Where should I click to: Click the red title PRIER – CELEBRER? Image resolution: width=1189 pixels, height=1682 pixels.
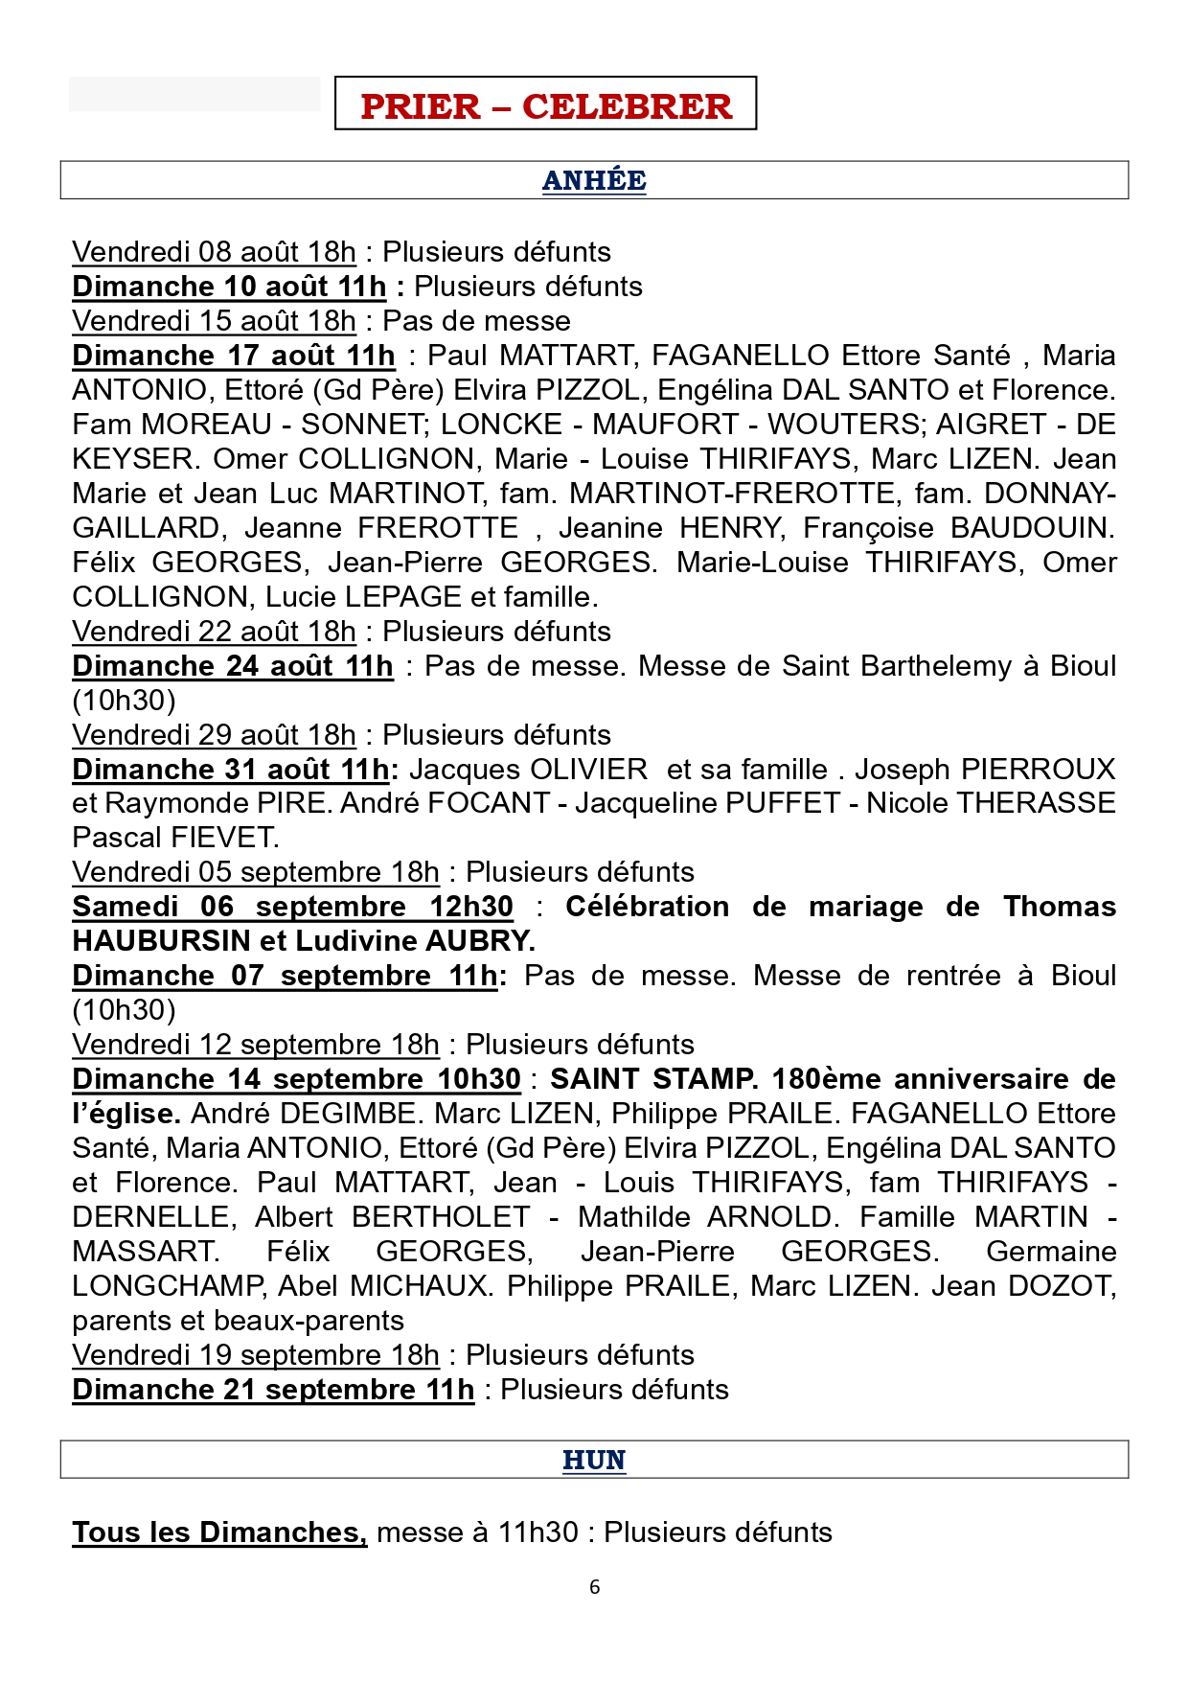tap(545, 105)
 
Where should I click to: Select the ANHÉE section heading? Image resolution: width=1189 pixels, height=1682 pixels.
tap(594, 180)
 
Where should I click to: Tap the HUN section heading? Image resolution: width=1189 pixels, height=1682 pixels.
tap(594, 1460)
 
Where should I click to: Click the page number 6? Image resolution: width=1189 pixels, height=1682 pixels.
tap(594, 1587)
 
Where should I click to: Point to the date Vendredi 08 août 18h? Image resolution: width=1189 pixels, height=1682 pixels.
tap(214, 252)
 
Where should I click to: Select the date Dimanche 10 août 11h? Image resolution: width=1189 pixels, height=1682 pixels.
tap(229, 287)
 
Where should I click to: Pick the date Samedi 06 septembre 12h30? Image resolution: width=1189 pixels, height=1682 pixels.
tap(292, 906)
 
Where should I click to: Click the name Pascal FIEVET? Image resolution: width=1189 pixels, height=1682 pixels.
tap(175, 838)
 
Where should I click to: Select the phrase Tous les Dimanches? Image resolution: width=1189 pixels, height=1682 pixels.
tap(219, 1532)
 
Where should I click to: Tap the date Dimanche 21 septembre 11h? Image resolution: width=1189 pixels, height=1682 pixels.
tap(273, 1389)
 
